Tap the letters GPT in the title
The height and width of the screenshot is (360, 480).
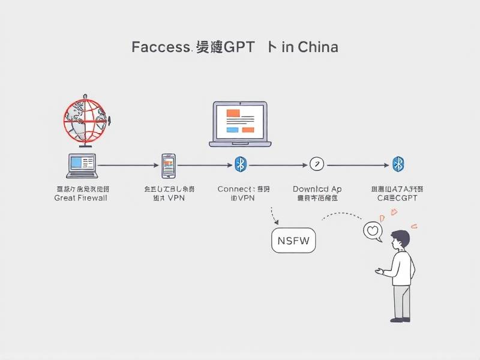pyautogui.click(x=239, y=47)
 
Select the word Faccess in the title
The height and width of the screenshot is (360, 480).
pyautogui.click(x=160, y=47)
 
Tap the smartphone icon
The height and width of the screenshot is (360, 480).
pyautogui.click(x=168, y=164)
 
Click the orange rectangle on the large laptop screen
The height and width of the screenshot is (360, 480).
pyautogui.click(x=232, y=113)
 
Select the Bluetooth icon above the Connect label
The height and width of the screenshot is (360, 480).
pyautogui.click(x=240, y=164)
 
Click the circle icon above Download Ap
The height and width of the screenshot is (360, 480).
pyautogui.click(x=316, y=164)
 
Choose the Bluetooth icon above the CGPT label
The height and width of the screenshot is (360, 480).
pyautogui.click(x=397, y=164)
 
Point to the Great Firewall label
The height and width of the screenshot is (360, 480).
pyautogui.click(x=80, y=198)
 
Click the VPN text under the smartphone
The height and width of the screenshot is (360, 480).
pyautogui.click(x=176, y=198)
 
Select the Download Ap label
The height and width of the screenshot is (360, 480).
pyautogui.click(x=317, y=189)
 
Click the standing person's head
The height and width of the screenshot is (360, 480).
pyautogui.click(x=400, y=240)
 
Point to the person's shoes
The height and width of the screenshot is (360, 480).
pyautogui.click(x=401, y=320)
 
